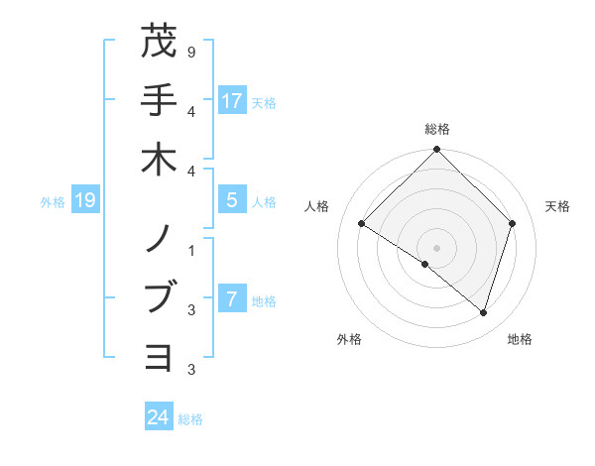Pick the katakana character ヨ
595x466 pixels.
(x=159, y=356)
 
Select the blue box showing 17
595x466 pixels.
(x=232, y=100)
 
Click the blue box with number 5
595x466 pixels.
(x=232, y=200)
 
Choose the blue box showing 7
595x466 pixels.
(x=232, y=299)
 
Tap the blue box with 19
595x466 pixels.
(x=85, y=200)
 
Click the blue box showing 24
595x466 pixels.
(x=159, y=417)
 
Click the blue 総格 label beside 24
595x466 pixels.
(x=191, y=419)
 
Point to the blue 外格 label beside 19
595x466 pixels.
(x=53, y=202)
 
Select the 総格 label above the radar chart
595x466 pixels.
(x=437, y=129)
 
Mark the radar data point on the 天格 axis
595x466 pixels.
(x=513, y=223)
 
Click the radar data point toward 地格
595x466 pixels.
(x=484, y=312)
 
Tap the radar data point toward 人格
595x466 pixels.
(x=362, y=224)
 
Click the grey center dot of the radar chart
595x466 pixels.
(x=437, y=248)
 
